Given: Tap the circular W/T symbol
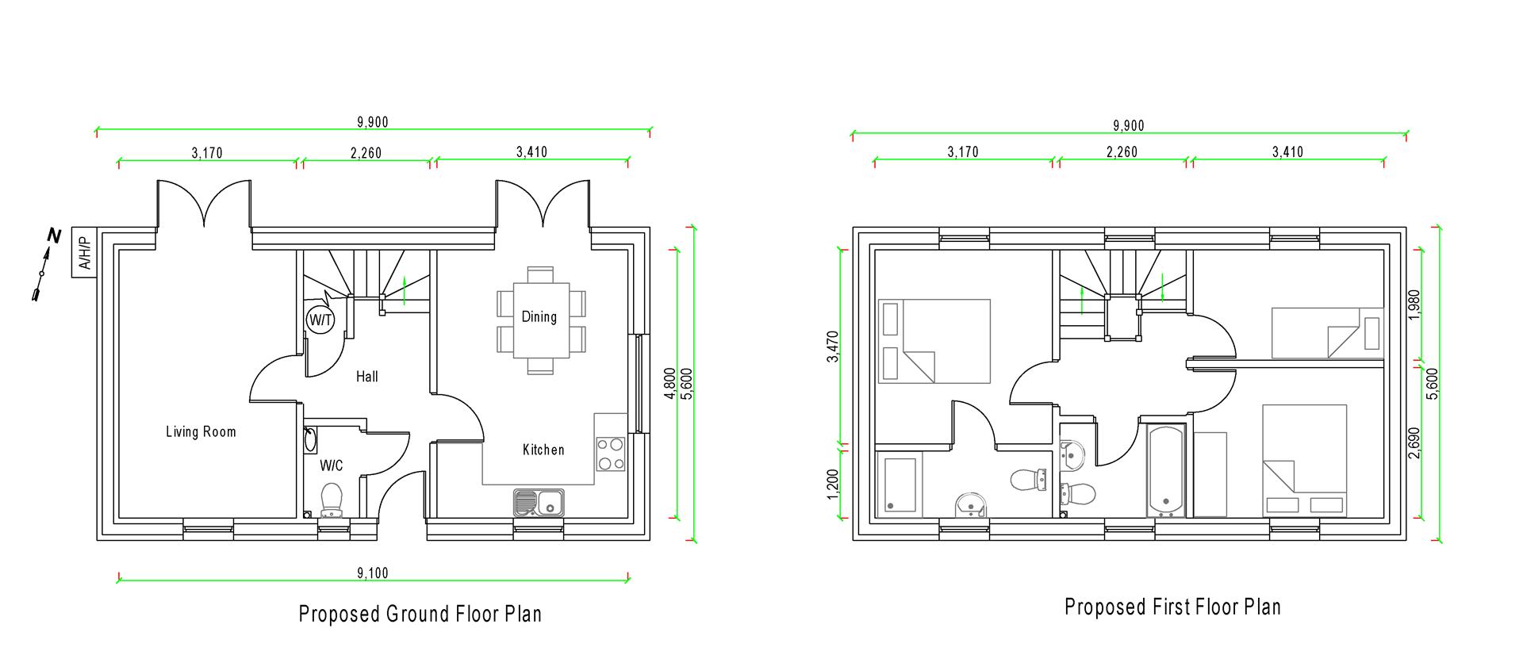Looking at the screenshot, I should pyautogui.click(x=320, y=320).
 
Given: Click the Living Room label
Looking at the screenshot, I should pyautogui.click(x=201, y=432).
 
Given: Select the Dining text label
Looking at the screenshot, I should pyautogui.click(x=539, y=317).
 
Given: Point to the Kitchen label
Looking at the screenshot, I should pyautogui.click(x=543, y=450).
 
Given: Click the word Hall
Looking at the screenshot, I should pyautogui.click(x=366, y=377).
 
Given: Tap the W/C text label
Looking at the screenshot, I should pyautogui.click(x=332, y=465).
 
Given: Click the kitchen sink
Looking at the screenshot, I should pyautogui.click(x=539, y=500).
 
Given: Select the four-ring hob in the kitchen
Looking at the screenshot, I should pyautogui.click(x=610, y=454).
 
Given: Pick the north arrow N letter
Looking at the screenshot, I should pyautogui.click(x=54, y=236).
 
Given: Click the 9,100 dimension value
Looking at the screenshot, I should pyautogui.click(x=373, y=573).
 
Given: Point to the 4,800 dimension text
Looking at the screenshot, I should pyautogui.click(x=670, y=383).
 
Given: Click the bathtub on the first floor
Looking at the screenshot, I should pyautogui.click(x=1166, y=470).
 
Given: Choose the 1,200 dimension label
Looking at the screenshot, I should pyautogui.click(x=832, y=485).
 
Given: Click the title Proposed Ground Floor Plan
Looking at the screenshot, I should pyautogui.click(x=420, y=614).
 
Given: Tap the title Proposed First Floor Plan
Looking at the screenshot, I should pyautogui.click(x=1172, y=607).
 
